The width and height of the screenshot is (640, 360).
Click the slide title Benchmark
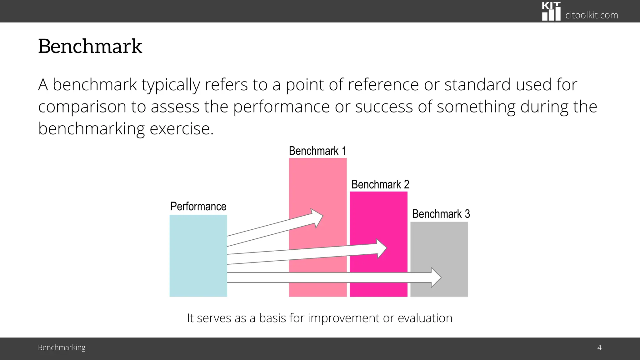(x=90, y=46)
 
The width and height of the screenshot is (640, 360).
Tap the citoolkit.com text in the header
(x=591, y=15)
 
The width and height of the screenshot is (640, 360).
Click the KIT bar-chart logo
(x=551, y=12)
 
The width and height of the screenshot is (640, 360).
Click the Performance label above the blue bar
(x=198, y=206)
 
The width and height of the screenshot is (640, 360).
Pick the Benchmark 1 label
(x=317, y=151)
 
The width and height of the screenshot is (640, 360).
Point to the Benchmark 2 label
(x=380, y=184)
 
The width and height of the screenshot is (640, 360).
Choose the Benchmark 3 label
(x=441, y=214)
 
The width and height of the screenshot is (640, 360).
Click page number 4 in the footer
(x=599, y=347)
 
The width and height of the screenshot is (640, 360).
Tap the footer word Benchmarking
(x=62, y=347)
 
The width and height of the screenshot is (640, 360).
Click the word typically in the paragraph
(x=171, y=85)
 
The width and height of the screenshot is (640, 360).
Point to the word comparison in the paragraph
(x=82, y=107)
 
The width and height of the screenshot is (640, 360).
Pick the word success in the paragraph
(x=384, y=107)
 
